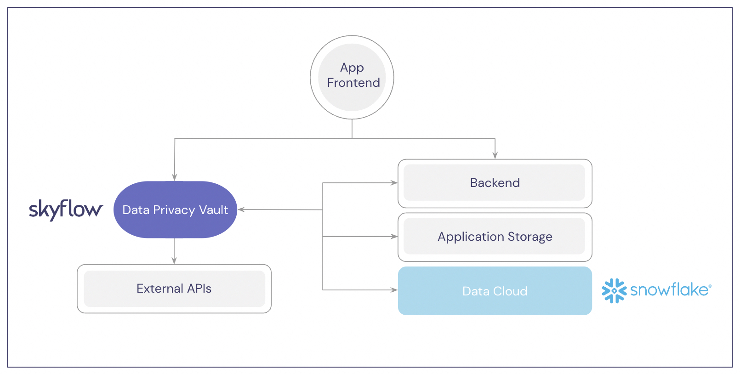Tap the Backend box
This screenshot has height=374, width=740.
click(495, 183)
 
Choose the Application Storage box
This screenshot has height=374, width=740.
click(495, 237)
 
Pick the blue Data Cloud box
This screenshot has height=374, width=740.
click(495, 291)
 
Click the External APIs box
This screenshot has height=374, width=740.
click(174, 289)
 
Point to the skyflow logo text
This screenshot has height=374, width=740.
click(66, 210)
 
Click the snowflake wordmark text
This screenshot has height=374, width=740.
click(670, 290)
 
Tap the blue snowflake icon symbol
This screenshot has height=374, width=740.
click(614, 290)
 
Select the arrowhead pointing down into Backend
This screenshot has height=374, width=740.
click(495, 155)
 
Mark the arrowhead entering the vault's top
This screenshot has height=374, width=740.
click(175, 177)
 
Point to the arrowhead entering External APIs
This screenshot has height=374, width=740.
click(174, 261)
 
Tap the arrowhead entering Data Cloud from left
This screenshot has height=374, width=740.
click(394, 290)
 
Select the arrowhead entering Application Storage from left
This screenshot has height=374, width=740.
click(394, 237)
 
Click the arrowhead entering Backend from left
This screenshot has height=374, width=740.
click(394, 183)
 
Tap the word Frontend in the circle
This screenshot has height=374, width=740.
click(353, 83)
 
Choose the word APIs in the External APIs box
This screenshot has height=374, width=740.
click(199, 289)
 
